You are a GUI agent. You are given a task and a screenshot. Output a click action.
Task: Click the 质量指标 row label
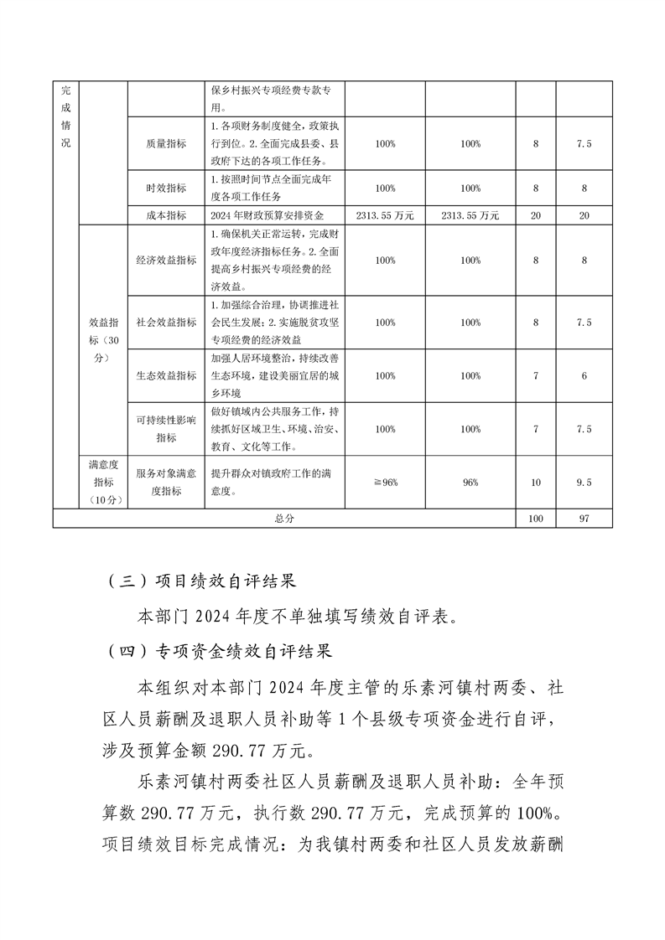[x=165, y=144]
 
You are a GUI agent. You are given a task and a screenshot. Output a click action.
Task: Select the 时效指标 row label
[x=165, y=189]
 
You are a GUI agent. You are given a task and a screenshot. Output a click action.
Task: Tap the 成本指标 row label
[x=165, y=215]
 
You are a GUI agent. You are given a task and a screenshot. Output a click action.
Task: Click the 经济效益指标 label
[x=165, y=261]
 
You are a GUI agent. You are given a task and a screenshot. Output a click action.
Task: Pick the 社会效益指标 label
[x=165, y=323]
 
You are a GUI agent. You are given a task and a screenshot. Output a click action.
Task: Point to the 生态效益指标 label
[x=165, y=376]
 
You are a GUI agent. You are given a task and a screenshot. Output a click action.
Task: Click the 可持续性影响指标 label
[x=165, y=429]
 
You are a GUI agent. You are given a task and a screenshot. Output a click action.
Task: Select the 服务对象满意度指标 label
[x=165, y=483]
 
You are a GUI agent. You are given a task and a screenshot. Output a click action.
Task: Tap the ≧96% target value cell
[x=386, y=483]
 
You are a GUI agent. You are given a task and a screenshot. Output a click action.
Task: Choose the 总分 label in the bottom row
[x=284, y=519]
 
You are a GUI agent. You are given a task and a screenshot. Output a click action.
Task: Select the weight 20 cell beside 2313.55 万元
[x=536, y=215]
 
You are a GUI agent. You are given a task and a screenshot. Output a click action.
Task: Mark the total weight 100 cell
[x=536, y=519]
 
